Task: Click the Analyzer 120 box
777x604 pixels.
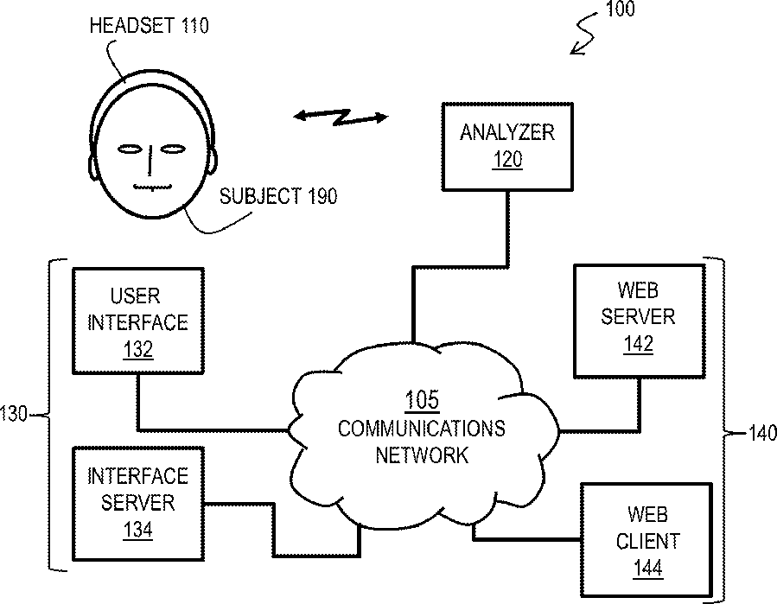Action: tap(507, 147)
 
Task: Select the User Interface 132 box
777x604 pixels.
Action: tap(138, 321)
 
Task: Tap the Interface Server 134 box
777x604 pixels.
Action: tap(138, 504)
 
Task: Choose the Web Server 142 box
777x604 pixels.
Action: tap(640, 321)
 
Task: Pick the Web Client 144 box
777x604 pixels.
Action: tap(646, 540)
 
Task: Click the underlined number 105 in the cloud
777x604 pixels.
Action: tap(422, 400)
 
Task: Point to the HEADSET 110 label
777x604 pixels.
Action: tap(150, 26)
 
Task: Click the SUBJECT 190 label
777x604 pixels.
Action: tap(278, 196)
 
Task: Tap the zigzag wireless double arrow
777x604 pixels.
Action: tap(341, 117)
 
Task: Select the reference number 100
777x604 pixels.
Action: tap(620, 9)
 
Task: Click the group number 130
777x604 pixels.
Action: tap(14, 414)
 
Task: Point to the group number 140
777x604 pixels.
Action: tap(762, 434)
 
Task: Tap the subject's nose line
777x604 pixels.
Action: tap(150, 160)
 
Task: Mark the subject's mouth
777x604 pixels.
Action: tap(153, 188)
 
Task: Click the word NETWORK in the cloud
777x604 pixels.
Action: tap(422, 455)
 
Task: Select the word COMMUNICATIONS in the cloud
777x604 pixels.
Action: tap(422, 428)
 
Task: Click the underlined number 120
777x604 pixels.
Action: tap(507, 160)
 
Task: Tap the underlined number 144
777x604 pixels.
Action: tap(647, 569)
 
